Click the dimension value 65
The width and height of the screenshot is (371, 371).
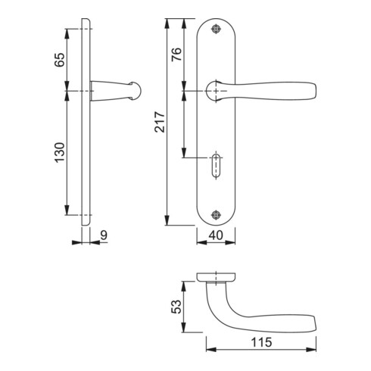tap(60, 60)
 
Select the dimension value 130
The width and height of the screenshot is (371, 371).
tap(60, 152)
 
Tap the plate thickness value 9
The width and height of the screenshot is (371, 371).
tap(104, 235)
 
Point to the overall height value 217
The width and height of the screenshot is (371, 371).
tap(160, 122)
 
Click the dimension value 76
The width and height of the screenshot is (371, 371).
tap(176, 54)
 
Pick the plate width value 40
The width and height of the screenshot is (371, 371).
tap(216, 235)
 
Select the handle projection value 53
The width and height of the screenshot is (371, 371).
tap(176, 307)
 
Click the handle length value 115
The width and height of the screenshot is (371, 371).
tap(261, 342)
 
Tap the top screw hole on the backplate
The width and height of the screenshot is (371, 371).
tap(216, 29)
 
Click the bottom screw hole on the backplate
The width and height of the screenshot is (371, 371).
tap(216, 215)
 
